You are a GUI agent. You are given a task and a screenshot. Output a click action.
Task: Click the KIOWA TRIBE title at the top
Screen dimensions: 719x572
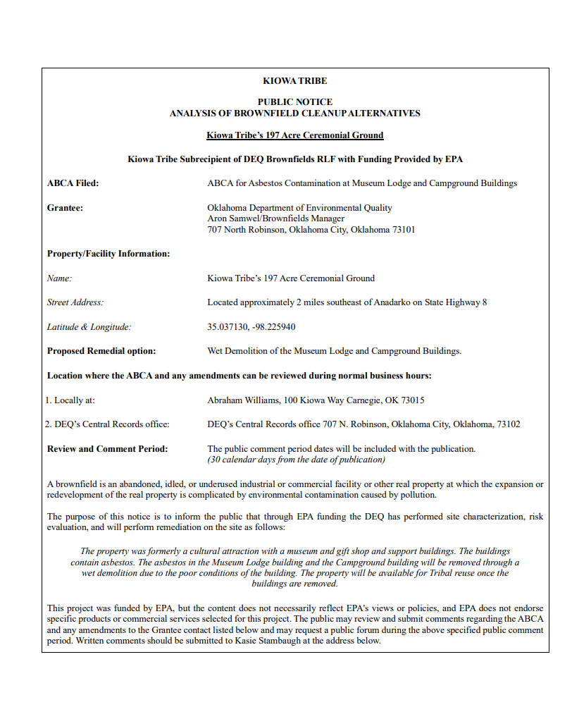coord(294,81)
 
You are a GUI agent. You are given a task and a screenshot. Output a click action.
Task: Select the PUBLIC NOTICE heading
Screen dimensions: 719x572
coord(294,102)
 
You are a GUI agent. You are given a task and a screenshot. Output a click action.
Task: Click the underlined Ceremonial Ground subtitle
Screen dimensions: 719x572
coord(294,135)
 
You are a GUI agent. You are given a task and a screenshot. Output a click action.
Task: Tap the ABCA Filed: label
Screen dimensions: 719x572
coord(73,183)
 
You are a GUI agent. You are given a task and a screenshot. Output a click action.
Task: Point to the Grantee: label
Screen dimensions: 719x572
coord(65,208)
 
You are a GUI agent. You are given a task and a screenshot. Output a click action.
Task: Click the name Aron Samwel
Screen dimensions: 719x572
coord(233,219)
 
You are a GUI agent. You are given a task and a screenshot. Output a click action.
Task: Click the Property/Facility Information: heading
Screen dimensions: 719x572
coord(108,254)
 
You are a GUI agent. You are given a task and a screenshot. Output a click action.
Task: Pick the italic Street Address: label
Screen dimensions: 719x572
coord(75,302)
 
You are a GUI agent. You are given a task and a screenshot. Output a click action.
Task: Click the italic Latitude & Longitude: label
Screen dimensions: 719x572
coord(89,327)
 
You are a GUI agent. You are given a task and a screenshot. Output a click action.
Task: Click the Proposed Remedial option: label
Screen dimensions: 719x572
coord(101,351)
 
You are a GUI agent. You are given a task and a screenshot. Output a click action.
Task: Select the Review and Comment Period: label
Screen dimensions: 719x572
coord(107,449)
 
